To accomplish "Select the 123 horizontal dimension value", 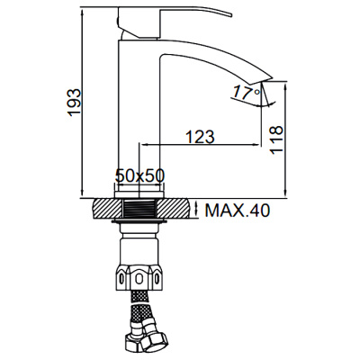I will [x=200, y=137].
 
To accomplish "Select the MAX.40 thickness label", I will [x=237, y=211].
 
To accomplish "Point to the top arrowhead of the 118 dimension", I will [x=286, y=84].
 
